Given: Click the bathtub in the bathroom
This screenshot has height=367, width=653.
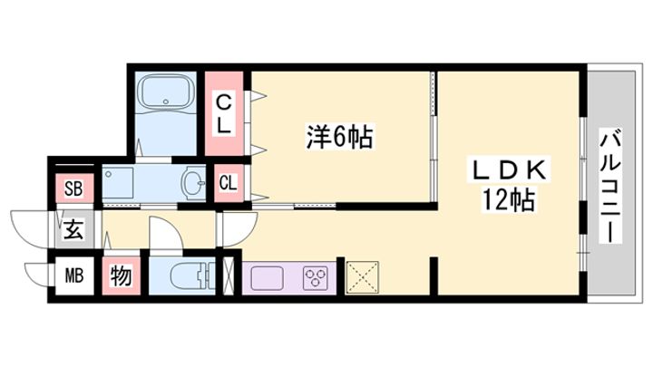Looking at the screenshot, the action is [166, 92].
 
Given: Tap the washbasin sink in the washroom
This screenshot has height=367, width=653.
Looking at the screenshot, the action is [194, 182].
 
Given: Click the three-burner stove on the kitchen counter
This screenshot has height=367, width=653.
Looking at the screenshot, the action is [316, 276].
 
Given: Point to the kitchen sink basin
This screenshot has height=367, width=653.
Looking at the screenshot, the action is [267, 276].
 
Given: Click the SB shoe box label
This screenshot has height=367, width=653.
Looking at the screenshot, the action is [73, 189].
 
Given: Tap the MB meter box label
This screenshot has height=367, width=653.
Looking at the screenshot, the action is [73, 275].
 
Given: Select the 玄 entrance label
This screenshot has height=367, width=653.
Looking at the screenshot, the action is [73, 230].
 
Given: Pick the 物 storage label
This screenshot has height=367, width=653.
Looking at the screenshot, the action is [122, 275].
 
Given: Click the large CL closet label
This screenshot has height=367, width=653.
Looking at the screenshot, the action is [224, 114].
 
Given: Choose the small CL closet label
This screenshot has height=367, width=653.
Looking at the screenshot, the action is [228, 183].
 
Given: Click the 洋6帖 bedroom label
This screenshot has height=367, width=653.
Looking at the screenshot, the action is [339, 137].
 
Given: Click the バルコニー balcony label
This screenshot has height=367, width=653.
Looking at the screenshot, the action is [610, 186].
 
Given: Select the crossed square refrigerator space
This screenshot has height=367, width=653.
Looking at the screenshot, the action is [362, 277].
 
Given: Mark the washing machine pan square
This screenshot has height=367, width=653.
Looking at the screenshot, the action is [118, 183].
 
